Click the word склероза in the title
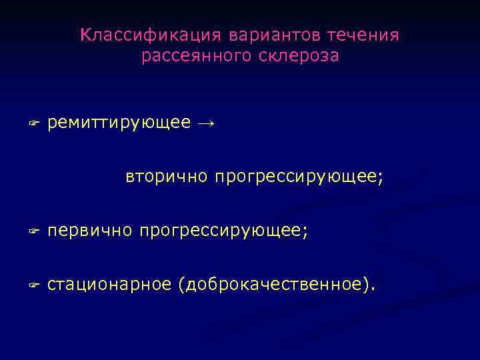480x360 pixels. [x=295, y=57]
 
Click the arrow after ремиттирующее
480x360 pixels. [x=207, y=123]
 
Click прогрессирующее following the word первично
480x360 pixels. [x=221, y=231]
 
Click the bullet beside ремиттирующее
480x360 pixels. [x=34, y=124]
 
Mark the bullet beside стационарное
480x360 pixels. [x=34, y=285]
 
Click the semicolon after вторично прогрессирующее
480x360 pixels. [x=381, y=179]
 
